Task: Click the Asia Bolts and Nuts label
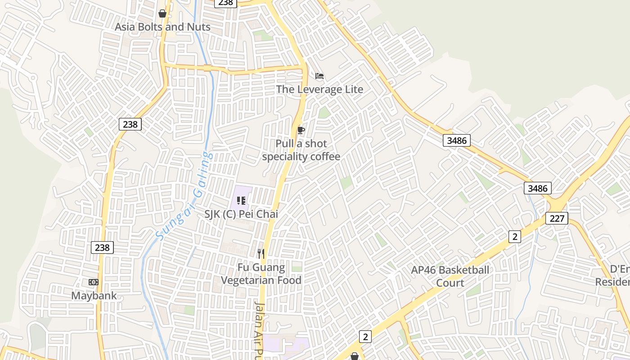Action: pos(162,27)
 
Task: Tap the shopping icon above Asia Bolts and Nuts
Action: pos(162,13)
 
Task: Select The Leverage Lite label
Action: pos(319,89)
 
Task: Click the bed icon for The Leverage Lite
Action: pos(319,76)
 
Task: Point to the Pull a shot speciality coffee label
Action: pos(301,150)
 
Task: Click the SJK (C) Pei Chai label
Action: pos(241,214)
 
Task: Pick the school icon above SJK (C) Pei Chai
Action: pos(241,201)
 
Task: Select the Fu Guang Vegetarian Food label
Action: pos(261,274)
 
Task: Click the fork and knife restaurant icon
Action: pos(261,254)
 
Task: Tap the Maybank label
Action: pos(94,296)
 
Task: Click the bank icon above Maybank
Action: pos(94,282)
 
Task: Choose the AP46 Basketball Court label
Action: pos(450,276)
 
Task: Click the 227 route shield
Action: pos(557,218)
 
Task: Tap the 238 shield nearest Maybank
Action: pos(103,247)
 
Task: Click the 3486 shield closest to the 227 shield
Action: pos(537,188)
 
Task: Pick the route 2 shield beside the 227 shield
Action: pos(514,236)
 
